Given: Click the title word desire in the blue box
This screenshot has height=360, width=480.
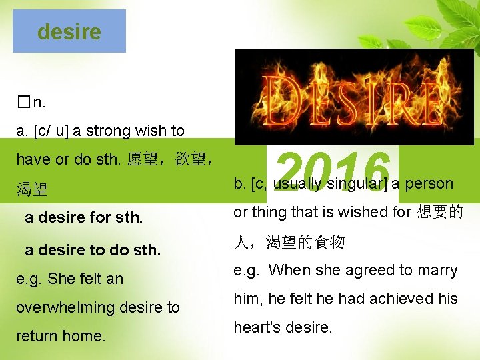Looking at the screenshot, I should (69, 31).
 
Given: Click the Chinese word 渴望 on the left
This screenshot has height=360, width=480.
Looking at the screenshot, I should (32, 189).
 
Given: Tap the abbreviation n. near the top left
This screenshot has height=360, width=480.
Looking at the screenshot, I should (39, 103).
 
